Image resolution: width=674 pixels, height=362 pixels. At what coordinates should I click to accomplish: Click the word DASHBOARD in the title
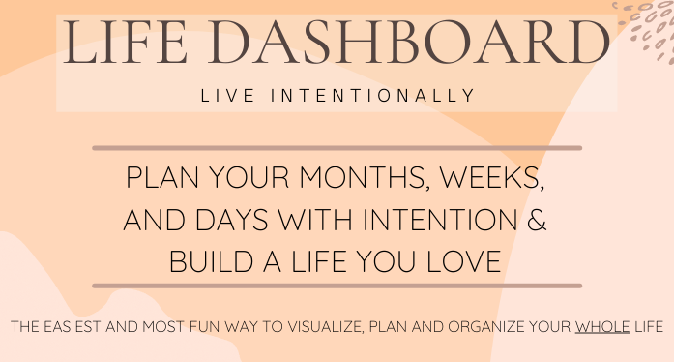tap(409, 43)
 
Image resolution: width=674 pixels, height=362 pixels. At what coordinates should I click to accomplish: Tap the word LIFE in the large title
tap(125, 43)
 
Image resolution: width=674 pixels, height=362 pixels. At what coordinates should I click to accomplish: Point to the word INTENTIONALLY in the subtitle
tap(372, 96)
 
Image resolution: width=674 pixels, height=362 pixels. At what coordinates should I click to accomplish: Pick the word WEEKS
tap(492, 177)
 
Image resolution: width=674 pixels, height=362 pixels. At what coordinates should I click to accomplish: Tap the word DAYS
tap(232, 220)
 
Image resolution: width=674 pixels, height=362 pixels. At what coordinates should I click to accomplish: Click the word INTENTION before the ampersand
tap(440, 220)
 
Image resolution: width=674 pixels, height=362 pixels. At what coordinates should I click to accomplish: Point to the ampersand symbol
tap(537, 220)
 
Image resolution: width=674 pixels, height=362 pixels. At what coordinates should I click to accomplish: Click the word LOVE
tap(464, 261)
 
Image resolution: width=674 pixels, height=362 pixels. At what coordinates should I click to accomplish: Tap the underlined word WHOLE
tap(602, 327)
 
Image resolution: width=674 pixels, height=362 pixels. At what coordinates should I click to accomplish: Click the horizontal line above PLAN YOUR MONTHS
tap(337, 148)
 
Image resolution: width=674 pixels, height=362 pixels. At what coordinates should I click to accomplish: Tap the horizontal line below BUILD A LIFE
tap(337, 286)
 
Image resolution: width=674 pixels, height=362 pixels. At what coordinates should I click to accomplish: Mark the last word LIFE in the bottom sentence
tap(649, 327)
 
